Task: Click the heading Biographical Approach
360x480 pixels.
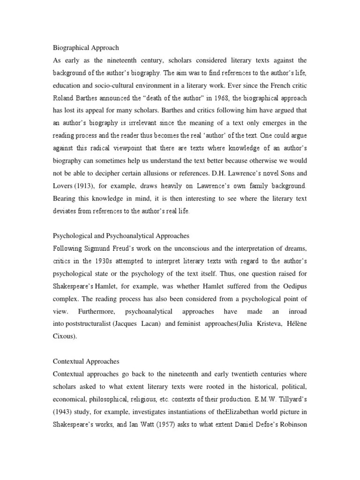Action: (x=85, y=48)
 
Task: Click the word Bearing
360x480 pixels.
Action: (x=65, y=199)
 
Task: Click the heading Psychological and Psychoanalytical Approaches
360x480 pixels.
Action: (x=120, y=236)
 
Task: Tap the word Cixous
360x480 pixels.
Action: (x=64, y=336)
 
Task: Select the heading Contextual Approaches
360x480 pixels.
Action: (x=86, y=361)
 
